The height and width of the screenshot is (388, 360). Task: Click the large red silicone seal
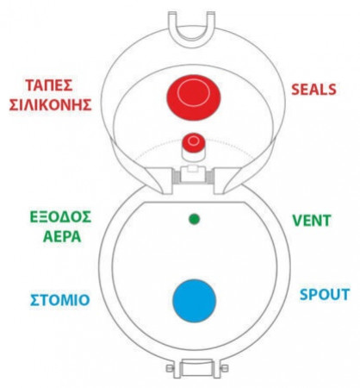pos(194,95)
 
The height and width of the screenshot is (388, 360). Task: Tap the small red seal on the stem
pos(194,141)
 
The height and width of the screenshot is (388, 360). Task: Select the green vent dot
pos(194,219)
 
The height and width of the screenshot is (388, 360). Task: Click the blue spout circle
pos(194,301)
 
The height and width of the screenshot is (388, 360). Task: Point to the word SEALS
pos(313,90)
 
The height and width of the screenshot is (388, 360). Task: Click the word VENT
pos(312,221)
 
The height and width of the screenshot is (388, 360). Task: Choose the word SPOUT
pos(325,295)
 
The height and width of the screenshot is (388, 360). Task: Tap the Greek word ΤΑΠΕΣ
pos(49,85)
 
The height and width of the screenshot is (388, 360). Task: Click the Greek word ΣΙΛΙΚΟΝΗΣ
pos(50,104)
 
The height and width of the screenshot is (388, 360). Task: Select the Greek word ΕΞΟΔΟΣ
pos(60,217)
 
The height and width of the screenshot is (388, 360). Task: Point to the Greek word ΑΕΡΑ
pos(62,237)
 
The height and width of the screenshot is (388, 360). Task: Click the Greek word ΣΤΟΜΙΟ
pos(60,300)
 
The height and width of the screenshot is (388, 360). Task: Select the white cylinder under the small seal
pos(194,156)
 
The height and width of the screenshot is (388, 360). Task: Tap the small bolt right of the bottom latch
pos(225,368)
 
